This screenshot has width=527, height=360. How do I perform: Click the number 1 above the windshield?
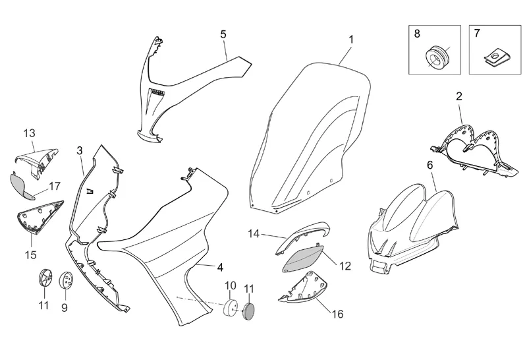point(351,40)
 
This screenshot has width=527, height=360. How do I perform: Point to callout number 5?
point(223,34)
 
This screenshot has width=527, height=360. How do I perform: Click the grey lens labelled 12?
point(302,257)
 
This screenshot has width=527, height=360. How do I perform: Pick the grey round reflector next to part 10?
point(249,311)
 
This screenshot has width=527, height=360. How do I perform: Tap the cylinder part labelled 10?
point(231,308)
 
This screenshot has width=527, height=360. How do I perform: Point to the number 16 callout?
point(337,314)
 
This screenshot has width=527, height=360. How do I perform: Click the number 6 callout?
point(430,165)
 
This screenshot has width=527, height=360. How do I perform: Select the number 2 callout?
point(459,96)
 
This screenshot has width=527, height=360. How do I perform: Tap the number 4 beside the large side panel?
point(220,267)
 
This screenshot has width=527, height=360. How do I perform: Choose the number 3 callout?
point(79,150)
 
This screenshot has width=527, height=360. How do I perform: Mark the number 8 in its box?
point(416,33)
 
